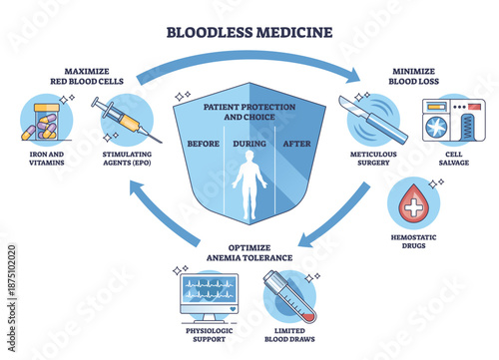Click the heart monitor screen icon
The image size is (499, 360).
tap(209, 293)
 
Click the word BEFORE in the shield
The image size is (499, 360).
tap(206, 142)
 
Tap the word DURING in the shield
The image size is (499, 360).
tap(249, 142)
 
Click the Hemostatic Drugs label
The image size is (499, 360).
tap(411, 244)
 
